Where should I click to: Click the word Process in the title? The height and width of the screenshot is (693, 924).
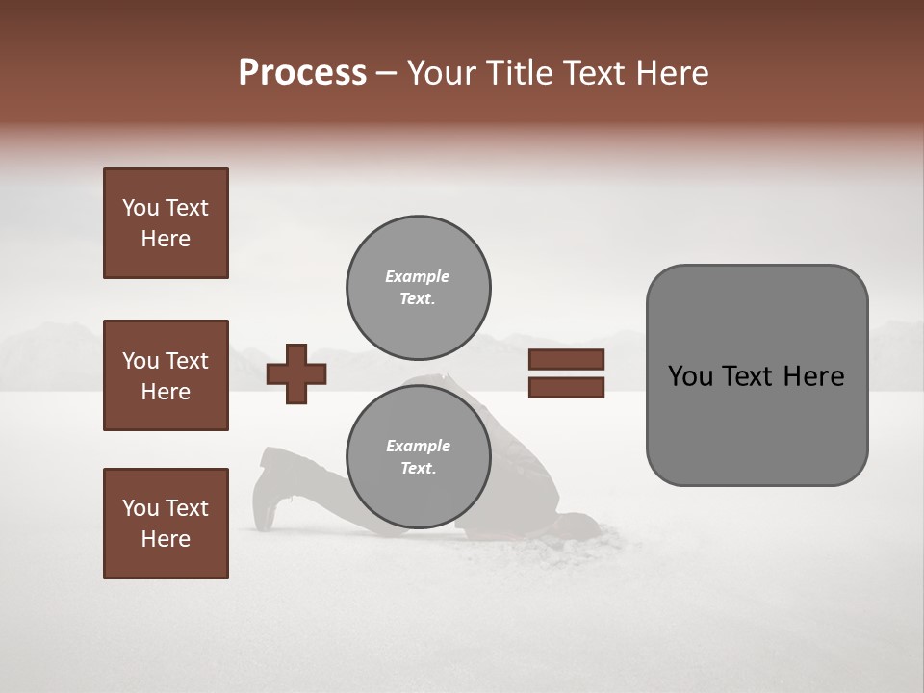[x=302, y=73]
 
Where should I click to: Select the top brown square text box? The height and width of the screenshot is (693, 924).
[x=166, y=223]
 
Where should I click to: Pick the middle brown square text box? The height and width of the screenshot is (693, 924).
[x=166, y=375]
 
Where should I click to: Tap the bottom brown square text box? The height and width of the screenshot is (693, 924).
[x=166, y=524]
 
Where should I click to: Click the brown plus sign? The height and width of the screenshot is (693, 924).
[x=296, y=373]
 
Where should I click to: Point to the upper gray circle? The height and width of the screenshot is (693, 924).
[x=418, y=287]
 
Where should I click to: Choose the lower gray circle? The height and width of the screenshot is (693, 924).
[x=418, y=457]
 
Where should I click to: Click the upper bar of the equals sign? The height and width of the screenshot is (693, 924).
[x=566, y=360]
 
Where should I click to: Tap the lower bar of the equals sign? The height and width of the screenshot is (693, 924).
[x=566, y=387]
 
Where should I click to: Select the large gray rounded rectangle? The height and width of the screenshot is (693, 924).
[x=757, y=374]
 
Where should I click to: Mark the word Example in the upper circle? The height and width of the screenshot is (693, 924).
[x=418, y=276]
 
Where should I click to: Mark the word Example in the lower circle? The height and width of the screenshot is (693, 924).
[x=418, y=446]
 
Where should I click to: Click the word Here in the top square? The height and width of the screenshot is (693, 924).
[x=166, y=239]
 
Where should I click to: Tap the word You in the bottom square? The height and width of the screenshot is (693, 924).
[x=141, y=508]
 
